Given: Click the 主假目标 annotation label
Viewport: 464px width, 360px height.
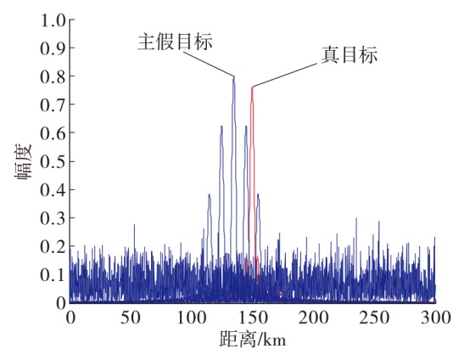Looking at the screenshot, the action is pyautogui.click(x=175, y=42).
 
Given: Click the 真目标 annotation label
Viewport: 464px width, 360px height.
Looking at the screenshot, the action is pyautogui.click(x=349, y=55).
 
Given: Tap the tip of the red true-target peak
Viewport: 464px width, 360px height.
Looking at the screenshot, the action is pyautogui.click(x=252, y=87).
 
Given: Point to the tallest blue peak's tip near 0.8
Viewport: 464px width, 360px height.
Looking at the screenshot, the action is pyautogui.click(x=234, y=76).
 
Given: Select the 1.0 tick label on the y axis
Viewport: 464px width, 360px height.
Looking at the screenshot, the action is pyautogui.click(x=53, y=20).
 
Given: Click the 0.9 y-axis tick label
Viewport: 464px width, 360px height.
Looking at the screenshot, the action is pyautogui.click(x=53, y=48).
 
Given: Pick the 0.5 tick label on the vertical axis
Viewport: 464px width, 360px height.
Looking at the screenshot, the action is pyautogui.click(x=53, y=162).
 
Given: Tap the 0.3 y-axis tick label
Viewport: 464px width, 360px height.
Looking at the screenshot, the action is pyautogui.click(x=53, y=218).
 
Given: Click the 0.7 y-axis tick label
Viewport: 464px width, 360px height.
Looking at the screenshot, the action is pyautogui.click(x=53, y=105).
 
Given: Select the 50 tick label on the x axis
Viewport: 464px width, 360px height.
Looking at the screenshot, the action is pyautogui.click(x=131, y=318).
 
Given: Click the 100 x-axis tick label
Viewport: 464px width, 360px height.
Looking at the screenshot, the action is pyautogui.click(x=192, y=318).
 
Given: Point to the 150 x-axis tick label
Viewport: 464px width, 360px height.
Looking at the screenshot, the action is pyautogui.click(x=253, y=318).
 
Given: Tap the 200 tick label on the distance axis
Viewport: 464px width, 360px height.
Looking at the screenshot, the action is pyautogui.click(x=313, y=318).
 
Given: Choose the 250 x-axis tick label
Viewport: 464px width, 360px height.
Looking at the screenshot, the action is pyautogui.click(x=374, y=318).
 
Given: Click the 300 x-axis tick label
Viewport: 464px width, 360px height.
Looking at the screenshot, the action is pyautogui.click(x=436, y=318).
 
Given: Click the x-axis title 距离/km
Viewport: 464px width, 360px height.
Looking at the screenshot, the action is pyautogui.click(x=253, y=340).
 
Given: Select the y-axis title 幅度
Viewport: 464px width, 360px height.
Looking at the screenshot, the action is pyautogui.click(x=23, y=162).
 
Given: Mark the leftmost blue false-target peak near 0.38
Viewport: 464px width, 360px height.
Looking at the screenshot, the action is pyautogui.click(x=210, y=194).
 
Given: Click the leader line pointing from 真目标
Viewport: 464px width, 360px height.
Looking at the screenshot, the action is pyautogui.click(x=285, y=75).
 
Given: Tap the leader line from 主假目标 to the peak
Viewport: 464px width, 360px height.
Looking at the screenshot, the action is pyautogui.click(x=209, y=64).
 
